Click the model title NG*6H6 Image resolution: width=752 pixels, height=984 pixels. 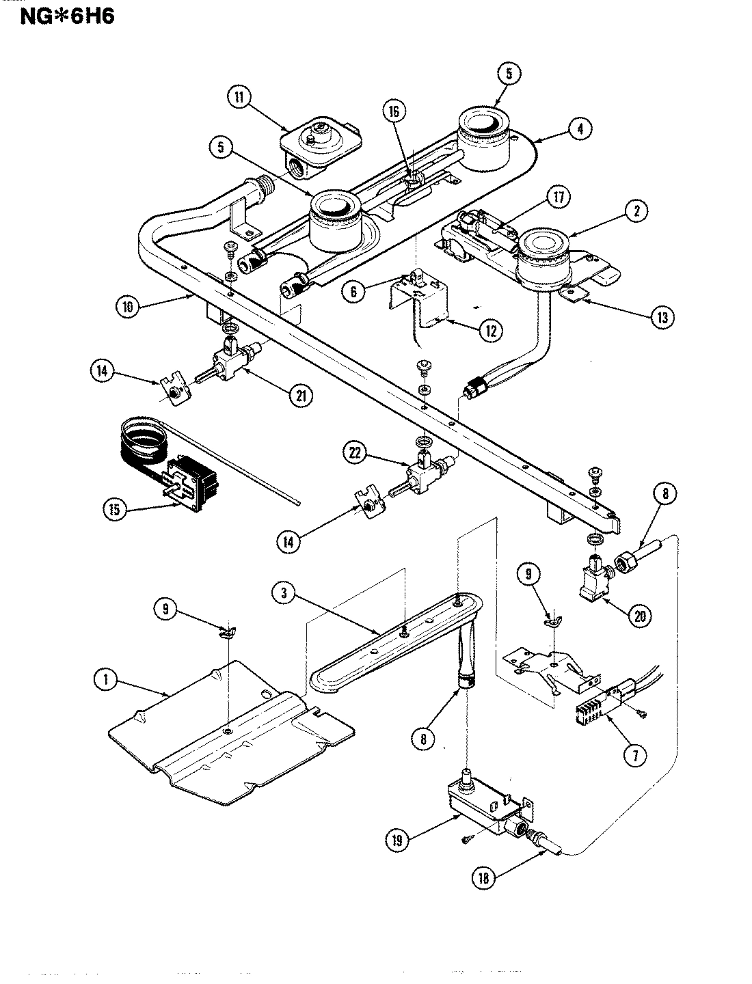pyautogui.click(x=57, y=15)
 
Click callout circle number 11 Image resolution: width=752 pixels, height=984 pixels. pyautogui.click(x=239, y=97)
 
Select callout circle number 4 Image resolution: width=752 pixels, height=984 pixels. pyautogui.click(x=578, y=128)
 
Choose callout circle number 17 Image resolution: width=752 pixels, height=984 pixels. pyautogui.click(x=558, y=198)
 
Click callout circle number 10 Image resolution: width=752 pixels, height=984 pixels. pyautogui.click(x=127, y=307)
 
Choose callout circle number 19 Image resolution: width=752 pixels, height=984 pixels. pyautogui.click(x=397, y=840)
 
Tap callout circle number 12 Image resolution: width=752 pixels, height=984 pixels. pyautogui.click(x=490, y=331)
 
